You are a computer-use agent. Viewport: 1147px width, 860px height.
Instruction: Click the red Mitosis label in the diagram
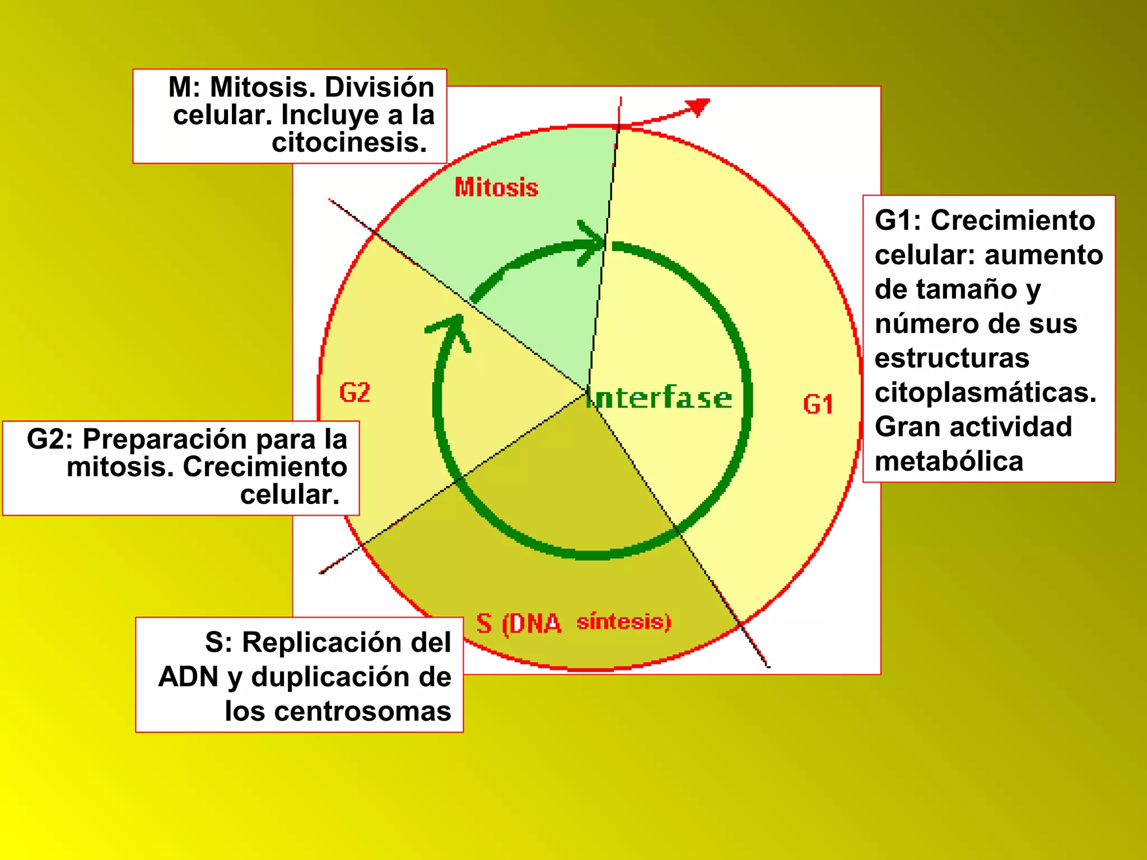pos(496,188)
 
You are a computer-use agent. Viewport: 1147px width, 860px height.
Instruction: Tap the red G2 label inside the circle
pos(355,392)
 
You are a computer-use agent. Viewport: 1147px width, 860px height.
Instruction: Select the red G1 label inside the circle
pos(818,404)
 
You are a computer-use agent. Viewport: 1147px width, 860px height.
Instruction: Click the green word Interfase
pos(660,398)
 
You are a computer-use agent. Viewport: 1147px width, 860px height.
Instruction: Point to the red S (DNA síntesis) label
pos(573,623)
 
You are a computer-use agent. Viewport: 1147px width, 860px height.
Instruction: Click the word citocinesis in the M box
pos(349,142)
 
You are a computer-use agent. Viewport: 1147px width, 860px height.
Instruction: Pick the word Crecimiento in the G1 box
pos(1013,220)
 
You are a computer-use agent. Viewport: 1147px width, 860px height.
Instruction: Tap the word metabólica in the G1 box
pos(949,461)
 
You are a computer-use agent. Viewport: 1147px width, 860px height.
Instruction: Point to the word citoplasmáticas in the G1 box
pos(985,392)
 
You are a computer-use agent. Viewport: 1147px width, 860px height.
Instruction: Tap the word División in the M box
pos(379,87)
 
